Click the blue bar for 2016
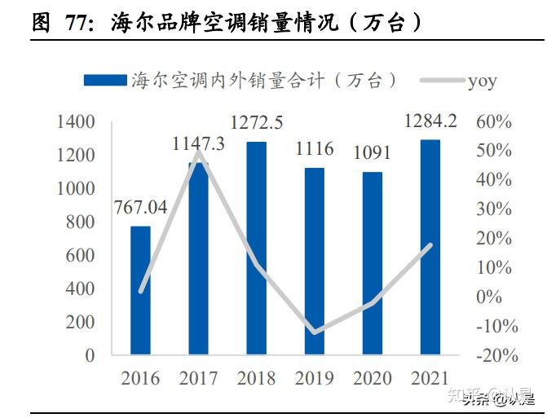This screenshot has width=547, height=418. tap(140, 290)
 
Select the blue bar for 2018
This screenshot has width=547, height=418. tap(256, 249)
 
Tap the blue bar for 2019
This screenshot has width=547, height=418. tap(314, 262)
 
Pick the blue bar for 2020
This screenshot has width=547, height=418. tap(372, 263)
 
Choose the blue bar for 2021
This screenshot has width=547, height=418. tap(430, 248)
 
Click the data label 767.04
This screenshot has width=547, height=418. tap(140, 208)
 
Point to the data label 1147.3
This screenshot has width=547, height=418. tap(198, 144)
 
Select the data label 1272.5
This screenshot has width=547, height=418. tap(256, 124)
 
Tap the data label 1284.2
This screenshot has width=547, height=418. tap(430, 122)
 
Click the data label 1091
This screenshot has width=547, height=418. tap(372, 152)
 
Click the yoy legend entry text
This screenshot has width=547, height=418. tap(482, 80)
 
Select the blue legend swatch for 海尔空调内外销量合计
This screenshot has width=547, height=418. tap(104, 80)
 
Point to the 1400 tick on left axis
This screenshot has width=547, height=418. tap(77, 122)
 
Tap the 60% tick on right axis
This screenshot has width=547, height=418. tap(494, 122)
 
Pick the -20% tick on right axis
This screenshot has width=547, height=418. tap(492, 355)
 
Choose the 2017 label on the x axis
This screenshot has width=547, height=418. tap(198, 379)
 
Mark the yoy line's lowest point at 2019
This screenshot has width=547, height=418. tap(314, 332)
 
